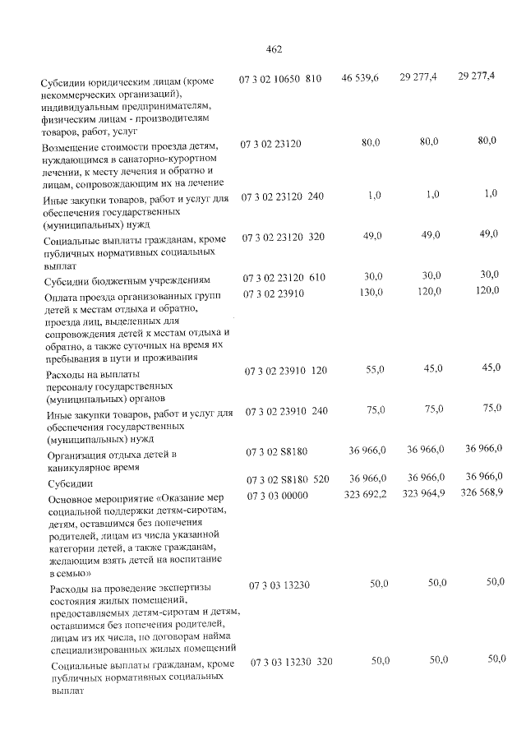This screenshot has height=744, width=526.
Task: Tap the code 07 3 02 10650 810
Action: pyautogui.click(x=280, y=79)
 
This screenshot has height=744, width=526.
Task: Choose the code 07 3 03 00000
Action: pyautogui.click(x=277, y=495)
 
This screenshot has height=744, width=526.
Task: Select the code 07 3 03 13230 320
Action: pyautogui.click(x=291, y=661)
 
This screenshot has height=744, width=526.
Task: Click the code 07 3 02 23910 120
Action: pyautogui.click(x=286, y=372)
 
